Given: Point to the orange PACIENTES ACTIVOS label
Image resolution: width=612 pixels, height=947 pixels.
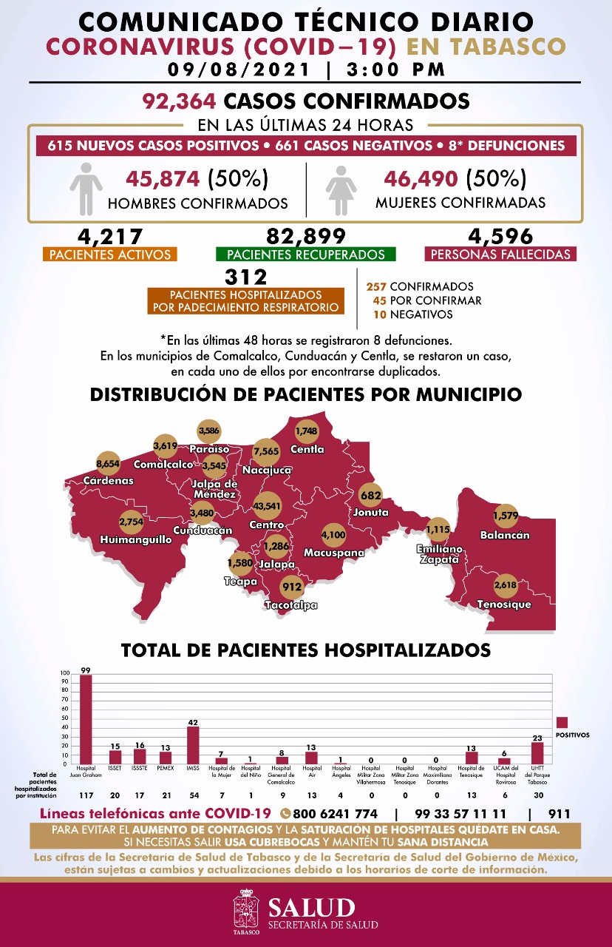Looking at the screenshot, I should coord(109,255).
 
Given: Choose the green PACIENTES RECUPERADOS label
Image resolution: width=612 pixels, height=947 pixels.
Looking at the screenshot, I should coord(305,255).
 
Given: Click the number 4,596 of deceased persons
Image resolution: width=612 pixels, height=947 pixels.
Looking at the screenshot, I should coord(500,236).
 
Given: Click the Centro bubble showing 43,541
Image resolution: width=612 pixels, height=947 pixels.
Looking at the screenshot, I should coord(267,507).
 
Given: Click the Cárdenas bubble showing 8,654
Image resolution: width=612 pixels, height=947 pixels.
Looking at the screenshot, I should coord(108,463).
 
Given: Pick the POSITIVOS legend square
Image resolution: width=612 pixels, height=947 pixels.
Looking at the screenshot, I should coord(562,722).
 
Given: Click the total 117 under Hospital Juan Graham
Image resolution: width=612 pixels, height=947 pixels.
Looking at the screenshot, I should coord(86,795).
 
